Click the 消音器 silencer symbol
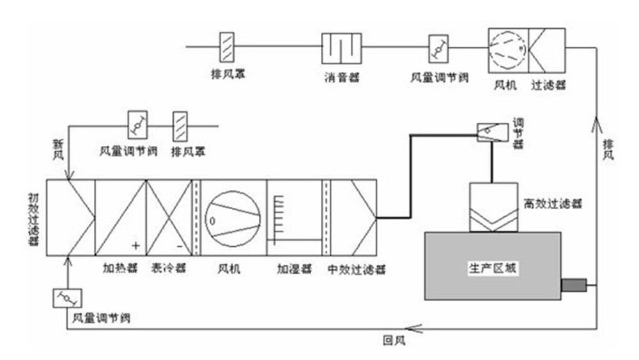point(341,48)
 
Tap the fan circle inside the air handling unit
point(233,217)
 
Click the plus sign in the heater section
point(135,245)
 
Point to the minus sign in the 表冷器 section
point(180,245)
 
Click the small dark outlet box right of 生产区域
point(573,285)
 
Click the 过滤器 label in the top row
point(548,84)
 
